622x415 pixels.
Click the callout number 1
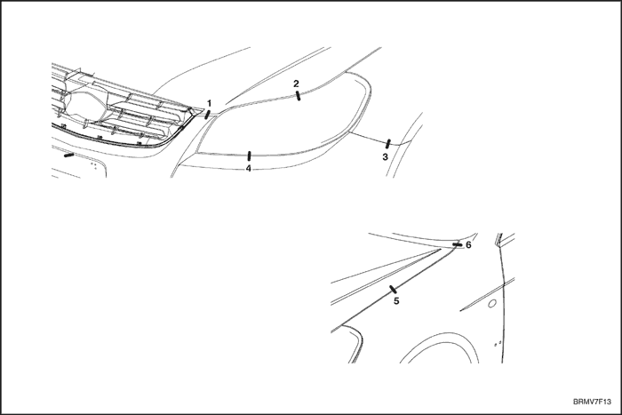(x=210, y=104)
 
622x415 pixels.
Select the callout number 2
(x=297, y=83)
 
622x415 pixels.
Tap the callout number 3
(x=385, y=156)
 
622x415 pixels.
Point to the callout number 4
(x=249, y=168)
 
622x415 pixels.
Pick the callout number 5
(x=396, y=301)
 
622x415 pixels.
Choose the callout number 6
(x=468, y=244)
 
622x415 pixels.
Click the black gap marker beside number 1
(x=207, y=114)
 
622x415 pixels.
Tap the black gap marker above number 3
(x=388, y=142)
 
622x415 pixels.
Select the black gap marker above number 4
(x=249, y=156)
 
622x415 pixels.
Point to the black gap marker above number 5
(x=392, y=289)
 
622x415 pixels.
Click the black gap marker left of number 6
(x=456, y=243)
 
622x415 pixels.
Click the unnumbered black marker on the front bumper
(x=68, y=154)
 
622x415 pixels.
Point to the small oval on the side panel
(x=491, y=303)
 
